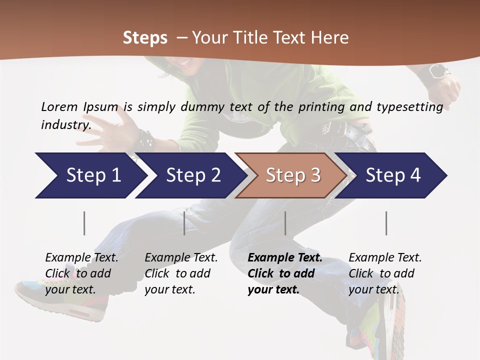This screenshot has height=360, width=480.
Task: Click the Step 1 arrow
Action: pyautogui.click(x=90, y=175)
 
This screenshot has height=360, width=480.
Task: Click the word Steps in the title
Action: pyautogui.click(x=145, y=38)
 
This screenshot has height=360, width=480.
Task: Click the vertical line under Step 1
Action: pyautogui.click(x=84, y=223)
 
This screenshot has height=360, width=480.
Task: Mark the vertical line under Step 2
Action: pyautogui.click(x=184, y=223)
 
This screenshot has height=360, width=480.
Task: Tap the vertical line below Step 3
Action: pyautogui.click(x=285, y=223)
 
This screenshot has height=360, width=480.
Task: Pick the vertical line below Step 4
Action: pyautogui.click(x=386, y=223)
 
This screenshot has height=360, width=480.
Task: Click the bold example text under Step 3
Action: pyautogui.click(x=284, y=273)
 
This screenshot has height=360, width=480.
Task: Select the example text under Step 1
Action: pyautogui.click(x=81, y=273)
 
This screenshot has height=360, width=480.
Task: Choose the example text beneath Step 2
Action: pyautogui.click(x=181, y=273)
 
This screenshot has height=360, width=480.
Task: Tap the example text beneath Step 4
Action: pyautogui.click(x=385, y=273)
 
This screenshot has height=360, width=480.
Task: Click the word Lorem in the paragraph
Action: pyautogui.click(x=59, y=106)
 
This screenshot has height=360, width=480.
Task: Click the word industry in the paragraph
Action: pyautogui.click(x=65, y=124)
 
